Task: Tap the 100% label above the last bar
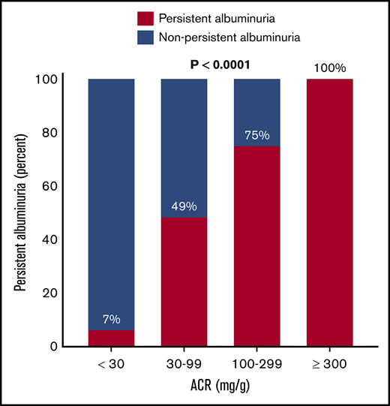(x=329, y=68)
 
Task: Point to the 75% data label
(x=256, y=136)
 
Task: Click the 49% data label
(x=184, y=205)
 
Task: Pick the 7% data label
(x=111, y=319)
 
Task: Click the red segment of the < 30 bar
(x=111, y=338)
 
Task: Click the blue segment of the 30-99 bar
(x=184, y=143)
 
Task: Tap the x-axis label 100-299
(x=256, y=369)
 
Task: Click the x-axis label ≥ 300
(x=329, y=369)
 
